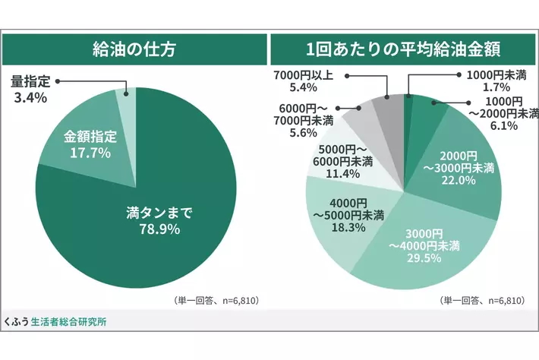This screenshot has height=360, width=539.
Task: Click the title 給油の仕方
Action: pyautogui.click(x=134, y=49)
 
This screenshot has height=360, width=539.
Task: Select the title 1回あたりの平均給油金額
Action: pyautogui.click(x=403, y=49)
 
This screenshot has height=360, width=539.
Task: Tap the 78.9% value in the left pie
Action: pyautogui.click(x=159, y=229)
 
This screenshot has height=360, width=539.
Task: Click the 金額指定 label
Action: pyautogui.click(x=90, y=137)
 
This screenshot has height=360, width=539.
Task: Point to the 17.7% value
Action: pyautogui.click(x=90, y=153)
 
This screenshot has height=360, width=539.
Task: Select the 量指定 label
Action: pyautogui.click(x=30, y=81)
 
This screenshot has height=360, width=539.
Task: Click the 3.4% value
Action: pyautogui.click(x=30, y=98)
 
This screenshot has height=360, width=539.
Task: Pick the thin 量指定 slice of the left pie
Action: pyautogui.click(x=127, y=103)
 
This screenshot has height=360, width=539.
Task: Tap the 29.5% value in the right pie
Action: pyautogui.click(x=424, y=257)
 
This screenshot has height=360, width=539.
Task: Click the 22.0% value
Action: pyautogui.click(x=459, y=180)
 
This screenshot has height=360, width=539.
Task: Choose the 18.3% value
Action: pyautogui.click(x=348, y=227)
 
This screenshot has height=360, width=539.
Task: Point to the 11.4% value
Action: pyautogui.click(x=342, y=173)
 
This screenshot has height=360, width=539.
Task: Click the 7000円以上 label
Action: pyautogui.click(x=304, y=75)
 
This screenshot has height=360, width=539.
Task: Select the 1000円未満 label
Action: pyautogui.click(x=496, y=75)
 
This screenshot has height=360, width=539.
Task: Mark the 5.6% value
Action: pyautogui.click(x=303, y=133)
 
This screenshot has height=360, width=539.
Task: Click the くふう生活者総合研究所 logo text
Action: pyautogui.click(x=55, y=322)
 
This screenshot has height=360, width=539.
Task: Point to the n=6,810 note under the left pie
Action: pyautogui.click(x=216, y=301)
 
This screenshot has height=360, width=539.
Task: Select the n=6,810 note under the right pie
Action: pyautogui.click(x=482, y=301)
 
